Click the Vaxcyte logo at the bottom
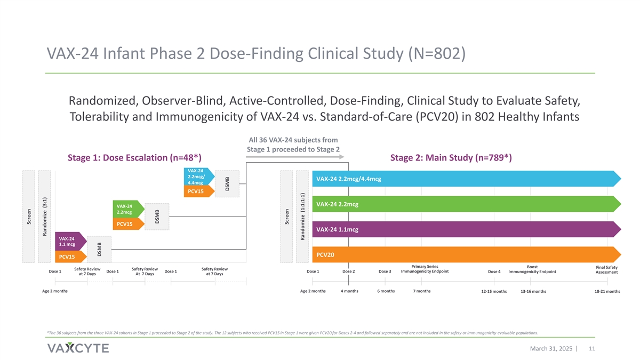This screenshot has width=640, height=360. pos(78,348)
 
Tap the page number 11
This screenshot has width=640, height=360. pos(591,348)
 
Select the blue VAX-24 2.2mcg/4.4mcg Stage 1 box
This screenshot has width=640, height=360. pos(198,177)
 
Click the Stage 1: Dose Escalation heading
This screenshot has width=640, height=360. pos(134,157)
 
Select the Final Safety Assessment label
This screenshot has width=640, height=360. pos(606,270)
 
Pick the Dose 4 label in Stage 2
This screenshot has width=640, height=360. pos(494,271)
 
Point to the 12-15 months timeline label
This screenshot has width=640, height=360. pos(493,291)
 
